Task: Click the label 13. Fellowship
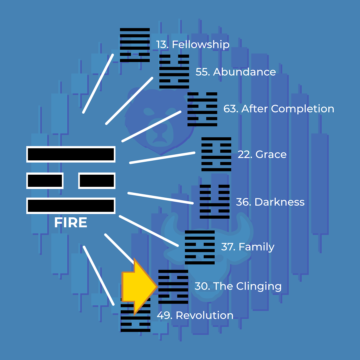[193, 44]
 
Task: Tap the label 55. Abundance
[236, 72]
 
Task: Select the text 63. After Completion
[279, 109]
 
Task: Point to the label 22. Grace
[262, 154]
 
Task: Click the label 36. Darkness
[270, 202]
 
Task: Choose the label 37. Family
[248, 247]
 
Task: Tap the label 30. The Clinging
[238, 286]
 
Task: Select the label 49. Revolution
[195, 315]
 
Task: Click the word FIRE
[70, 222]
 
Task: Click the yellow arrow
[139, 287]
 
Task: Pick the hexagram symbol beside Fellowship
[135, 45]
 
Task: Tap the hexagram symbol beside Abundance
[174, 71]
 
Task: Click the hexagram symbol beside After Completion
[202, 109]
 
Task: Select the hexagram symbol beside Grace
[216, 154]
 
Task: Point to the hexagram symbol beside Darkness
[214, 202]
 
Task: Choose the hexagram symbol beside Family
[200, 247]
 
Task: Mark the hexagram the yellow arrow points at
[173, 287]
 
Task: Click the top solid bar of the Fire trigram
[71, 154]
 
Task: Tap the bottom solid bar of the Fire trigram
[71, 206]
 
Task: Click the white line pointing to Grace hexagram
[162, 158]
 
